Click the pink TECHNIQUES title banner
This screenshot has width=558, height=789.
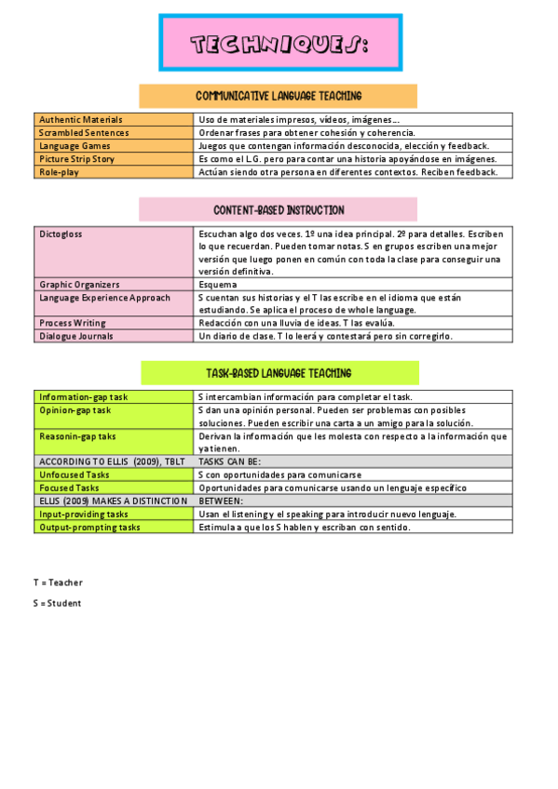tap(279, 43)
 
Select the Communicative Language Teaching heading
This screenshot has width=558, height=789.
tap(278, 96)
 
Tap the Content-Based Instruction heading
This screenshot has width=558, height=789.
tap(278, 210)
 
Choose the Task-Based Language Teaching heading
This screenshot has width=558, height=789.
tap(279, 373)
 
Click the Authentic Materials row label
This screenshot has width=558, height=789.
tap(81, 120)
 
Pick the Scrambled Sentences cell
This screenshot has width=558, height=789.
tap(85, 133)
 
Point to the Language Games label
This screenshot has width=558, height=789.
tap(75, 146)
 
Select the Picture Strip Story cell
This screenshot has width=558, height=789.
tap(77, 159)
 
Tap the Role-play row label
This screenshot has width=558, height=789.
tap(61, 172)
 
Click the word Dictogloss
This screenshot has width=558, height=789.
tap(61, 234)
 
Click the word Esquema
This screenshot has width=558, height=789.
tap(218, 285)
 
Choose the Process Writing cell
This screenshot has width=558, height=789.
tap(73, 323)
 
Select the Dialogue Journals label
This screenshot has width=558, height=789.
tap(76, 336)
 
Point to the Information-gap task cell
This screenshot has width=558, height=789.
tap(84, 397)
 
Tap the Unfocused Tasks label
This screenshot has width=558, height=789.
tap(75, 475)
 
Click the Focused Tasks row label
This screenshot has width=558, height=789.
tap(69, 488)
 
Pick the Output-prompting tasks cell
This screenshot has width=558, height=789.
tap(89, 527)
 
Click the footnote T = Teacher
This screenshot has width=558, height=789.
tap(58, 582)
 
